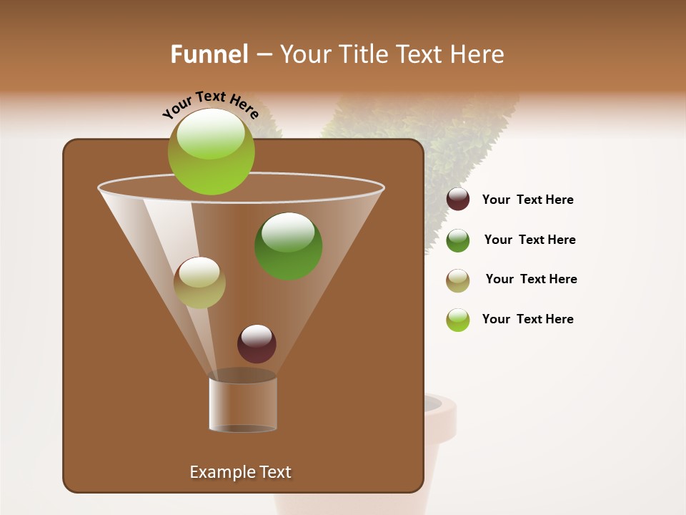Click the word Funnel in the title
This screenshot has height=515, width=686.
pos(209,54)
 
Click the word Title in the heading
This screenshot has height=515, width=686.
pos(362,54)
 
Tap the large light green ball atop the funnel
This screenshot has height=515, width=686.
pos(211,151)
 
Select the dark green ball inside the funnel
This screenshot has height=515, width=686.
pos(288,245)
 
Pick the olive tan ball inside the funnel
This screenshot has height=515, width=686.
pos(199,283)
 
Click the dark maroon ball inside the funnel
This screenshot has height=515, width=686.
pos(257,343)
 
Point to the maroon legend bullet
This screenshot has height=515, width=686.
pos(458,200)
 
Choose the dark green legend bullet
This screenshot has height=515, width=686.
pos(458,240)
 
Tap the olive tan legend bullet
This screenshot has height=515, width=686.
pos(458,280)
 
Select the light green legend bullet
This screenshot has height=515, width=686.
pos(458,320)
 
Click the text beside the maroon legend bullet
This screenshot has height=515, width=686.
pos(527,200)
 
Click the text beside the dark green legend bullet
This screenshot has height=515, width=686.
pos(530,240)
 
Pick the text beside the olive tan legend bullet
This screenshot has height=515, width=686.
pos(531,280)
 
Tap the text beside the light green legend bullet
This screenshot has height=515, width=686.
pos(527,320)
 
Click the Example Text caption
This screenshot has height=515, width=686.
pos(240,472)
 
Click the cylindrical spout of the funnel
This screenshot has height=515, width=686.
pos(243,404)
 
